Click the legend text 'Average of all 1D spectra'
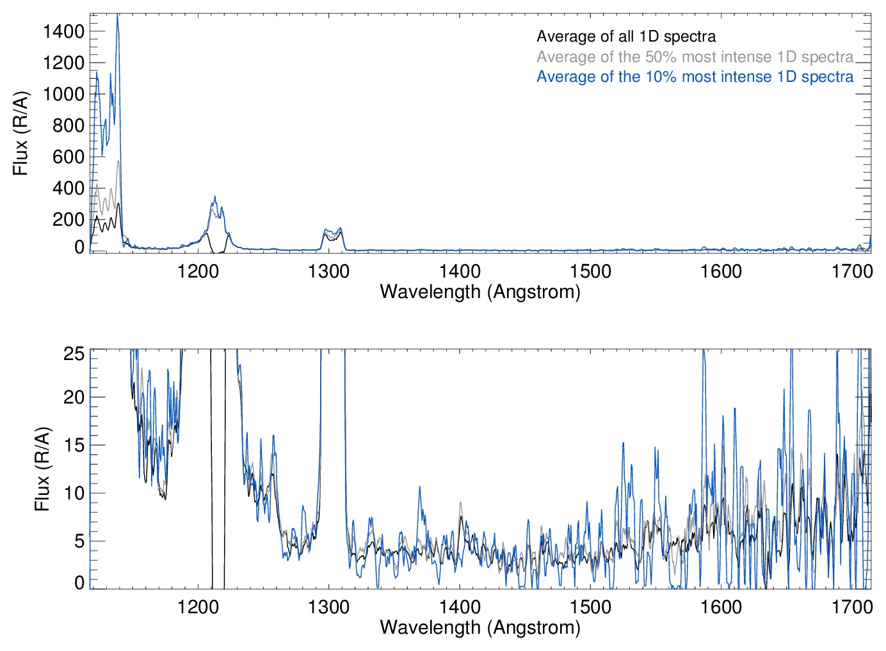point(625,36)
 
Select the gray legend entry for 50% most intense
point(695,57)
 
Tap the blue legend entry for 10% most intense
point(695,77)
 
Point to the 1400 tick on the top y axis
point(63,31)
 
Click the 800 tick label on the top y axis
point(68,125)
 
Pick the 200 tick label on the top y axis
point(68,219)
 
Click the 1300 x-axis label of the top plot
point(328,271)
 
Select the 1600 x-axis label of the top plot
point(721,271)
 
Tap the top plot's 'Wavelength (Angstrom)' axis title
point(480,292)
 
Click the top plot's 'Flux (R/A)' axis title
point(20,134)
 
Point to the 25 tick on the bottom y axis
point(74,353)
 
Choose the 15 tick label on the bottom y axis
point(74,445)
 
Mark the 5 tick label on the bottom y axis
point(79,541)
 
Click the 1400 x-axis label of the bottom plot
point(460,606)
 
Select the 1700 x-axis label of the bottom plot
point(851,606)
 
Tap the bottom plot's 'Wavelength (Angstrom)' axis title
point(480,627)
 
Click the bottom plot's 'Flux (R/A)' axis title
point(42,469)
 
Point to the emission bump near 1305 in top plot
point(332,231)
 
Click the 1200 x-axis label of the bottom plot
point(198,606)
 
